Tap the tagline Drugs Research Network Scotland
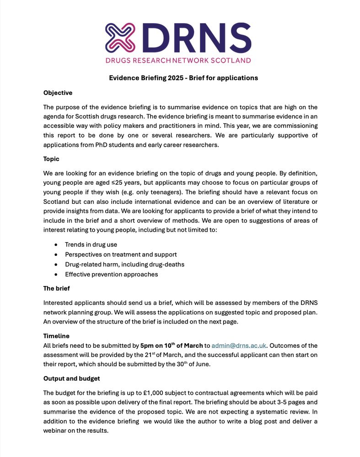[178, 60]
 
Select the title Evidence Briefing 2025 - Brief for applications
[183, 78]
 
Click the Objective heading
[58, 93]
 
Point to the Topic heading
[51, 159]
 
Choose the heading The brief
[56, 288]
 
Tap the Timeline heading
[56, 336]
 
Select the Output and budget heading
[71, 378]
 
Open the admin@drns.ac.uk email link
[238, 345]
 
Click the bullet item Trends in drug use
[91, 244]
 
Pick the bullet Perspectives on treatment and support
[121, 255]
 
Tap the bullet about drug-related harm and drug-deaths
[124, 264]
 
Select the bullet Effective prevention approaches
[111, 274]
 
